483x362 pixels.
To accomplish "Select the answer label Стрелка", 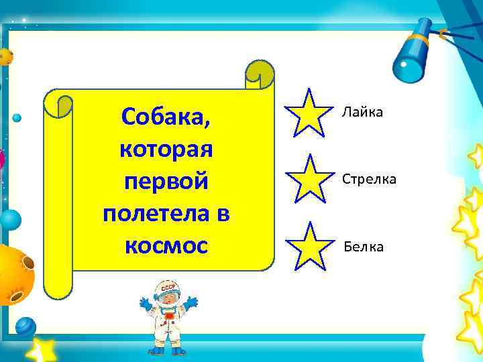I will (x=369, y=179).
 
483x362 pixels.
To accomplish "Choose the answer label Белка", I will (x=364, y=247).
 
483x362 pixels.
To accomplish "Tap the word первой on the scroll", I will (x=166, y=182).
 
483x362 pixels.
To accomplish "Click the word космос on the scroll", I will (x=166, y=245).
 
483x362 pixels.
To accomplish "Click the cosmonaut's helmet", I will (x=167, y=292).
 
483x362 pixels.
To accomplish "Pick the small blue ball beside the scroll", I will (x=17, y=117).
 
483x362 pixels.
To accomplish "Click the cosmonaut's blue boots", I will (x=166, y=349).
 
